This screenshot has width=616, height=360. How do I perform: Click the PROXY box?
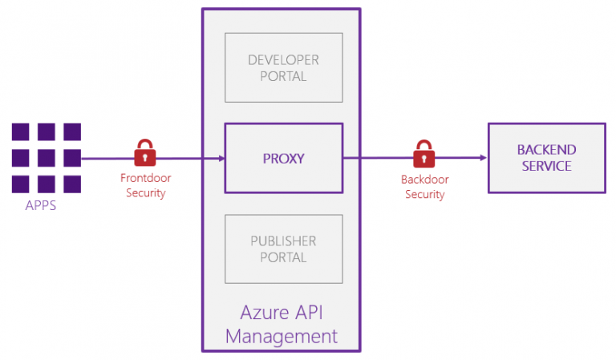284,158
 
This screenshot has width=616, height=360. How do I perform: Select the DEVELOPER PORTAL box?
283,68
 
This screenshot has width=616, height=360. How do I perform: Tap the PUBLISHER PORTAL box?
283,249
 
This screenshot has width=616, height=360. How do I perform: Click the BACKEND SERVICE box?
546,158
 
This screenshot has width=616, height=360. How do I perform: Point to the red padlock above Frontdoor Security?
144,152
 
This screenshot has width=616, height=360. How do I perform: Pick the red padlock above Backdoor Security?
423,153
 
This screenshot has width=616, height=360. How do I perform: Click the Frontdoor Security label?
145,186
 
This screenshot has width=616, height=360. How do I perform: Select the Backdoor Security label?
424,187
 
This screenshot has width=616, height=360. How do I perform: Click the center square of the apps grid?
47,158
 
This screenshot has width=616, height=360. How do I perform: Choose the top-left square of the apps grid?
21,132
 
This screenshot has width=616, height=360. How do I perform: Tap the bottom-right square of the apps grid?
72,184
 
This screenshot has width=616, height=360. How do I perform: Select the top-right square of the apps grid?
72,132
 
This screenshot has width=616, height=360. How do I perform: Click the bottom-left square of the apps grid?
21,184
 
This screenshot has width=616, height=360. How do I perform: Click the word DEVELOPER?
283,60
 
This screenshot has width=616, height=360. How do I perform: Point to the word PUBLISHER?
283,241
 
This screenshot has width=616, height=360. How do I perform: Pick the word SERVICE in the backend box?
546,166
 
